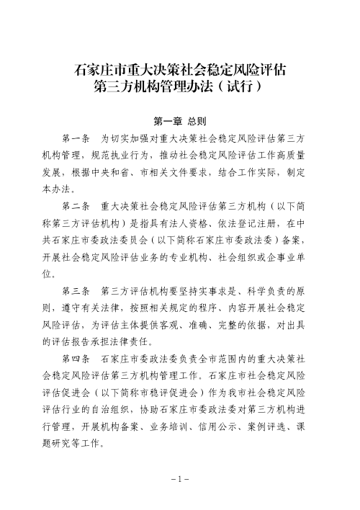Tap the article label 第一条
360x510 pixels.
point(76,137)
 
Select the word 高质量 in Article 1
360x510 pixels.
point(289,154)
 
